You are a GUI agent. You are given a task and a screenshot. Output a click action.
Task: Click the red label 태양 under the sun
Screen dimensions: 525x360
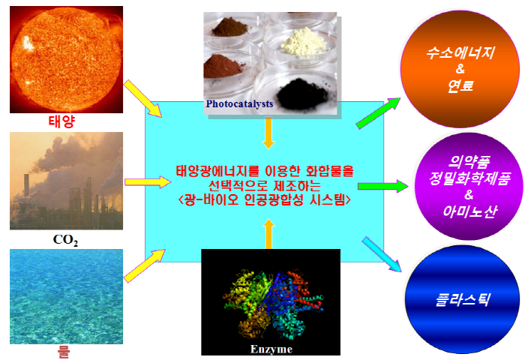(61, 121)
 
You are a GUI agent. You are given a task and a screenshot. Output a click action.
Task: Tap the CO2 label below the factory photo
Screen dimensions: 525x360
(66, 240)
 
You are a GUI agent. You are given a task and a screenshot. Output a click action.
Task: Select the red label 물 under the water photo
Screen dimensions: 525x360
(63, 352)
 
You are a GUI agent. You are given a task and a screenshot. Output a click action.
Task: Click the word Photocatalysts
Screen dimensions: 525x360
(239, 103)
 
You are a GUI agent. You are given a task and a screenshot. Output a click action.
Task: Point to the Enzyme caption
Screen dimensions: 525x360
(271, 349)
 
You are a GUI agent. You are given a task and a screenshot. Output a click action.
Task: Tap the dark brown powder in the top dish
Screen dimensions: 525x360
(229, 28)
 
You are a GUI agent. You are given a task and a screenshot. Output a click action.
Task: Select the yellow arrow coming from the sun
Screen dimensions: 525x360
(143, 99)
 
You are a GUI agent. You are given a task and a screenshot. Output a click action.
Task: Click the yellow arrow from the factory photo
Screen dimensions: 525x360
(148, 182)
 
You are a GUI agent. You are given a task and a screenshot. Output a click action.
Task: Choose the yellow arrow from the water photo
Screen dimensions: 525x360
(145, 265)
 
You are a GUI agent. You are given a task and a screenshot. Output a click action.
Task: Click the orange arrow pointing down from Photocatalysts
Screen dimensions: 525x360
(268, 133)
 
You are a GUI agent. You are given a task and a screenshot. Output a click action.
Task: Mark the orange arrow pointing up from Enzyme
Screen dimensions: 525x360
(268, 234)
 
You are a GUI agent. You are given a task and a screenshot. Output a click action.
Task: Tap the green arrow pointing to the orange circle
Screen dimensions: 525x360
(378, 113)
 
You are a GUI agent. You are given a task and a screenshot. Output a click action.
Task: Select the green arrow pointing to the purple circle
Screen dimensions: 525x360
(382, 186)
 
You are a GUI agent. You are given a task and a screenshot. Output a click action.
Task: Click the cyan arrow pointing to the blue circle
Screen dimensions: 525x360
(382, 254)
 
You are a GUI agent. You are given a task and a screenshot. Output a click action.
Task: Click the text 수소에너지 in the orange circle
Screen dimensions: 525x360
(460, 53)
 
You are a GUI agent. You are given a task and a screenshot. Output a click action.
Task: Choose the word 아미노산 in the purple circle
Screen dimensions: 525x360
(469, 211)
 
